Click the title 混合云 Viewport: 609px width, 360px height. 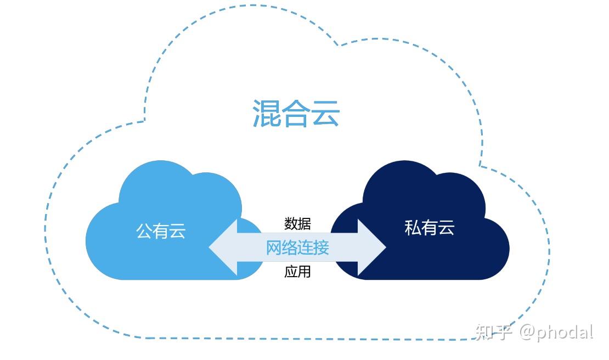click(296, 114)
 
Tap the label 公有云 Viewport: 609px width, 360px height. click(161, 231)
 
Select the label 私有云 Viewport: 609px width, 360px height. click(430, 227)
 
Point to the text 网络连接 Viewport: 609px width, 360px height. click(297, 248)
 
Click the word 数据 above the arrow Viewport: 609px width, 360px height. click(297, 223)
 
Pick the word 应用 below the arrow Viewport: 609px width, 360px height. click(297, 271)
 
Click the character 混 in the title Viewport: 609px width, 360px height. click(267, 114)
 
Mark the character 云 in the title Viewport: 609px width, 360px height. click(326, 114)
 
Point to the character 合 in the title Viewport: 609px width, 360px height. click(296, 114)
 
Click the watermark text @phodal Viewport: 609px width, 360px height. click(556, 332)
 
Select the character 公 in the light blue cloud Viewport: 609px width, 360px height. click(144, 231)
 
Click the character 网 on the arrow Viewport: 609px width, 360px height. click(274, 248)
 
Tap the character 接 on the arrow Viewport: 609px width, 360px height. click(322, 248)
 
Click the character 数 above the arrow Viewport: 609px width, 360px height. click(291, 223)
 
